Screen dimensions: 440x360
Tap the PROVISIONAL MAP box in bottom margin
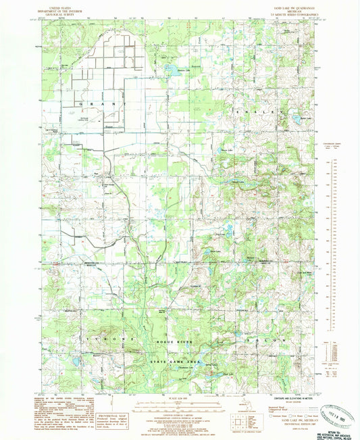112,406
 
